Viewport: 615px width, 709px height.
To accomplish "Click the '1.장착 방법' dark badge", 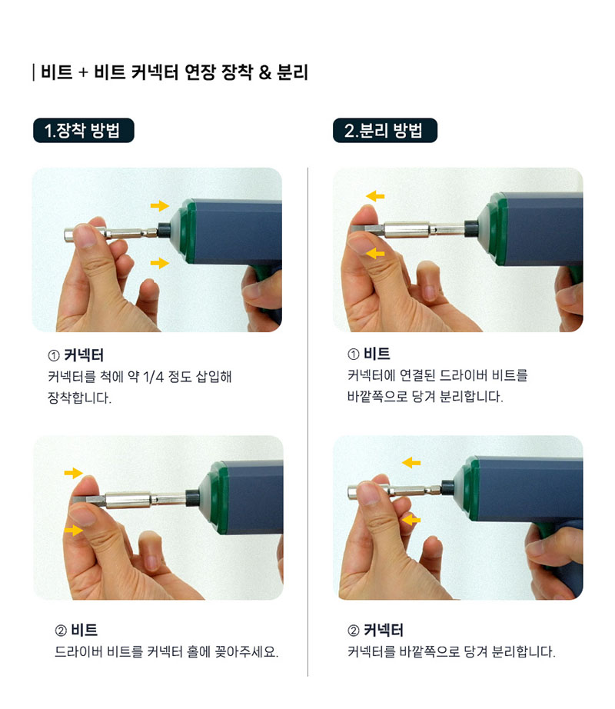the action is (x=84, y=131).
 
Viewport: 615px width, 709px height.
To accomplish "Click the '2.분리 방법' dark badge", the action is (x=385, y=131).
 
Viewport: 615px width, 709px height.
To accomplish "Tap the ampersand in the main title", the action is (x=265, y=73).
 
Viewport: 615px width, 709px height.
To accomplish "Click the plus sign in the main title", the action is (x=83, y=73).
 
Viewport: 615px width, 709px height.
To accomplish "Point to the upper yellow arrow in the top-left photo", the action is (x=160, y=206).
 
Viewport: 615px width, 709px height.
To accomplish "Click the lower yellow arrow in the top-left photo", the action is (x=160, y=263).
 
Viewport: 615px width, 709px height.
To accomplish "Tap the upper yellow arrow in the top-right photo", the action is (x=375, y=196).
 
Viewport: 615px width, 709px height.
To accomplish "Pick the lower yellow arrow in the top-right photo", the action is (x=375, y=253).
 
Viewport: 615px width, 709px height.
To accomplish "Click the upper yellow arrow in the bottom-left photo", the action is (x=73, y=473).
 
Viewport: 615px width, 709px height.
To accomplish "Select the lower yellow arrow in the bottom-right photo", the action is (x=411, y=520).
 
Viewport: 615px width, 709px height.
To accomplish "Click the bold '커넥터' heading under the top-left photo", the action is (x=84, y=355).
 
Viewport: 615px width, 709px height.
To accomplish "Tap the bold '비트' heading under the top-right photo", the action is (x=377, y=354).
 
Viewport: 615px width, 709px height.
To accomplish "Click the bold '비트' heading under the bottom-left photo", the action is (x=84, y=630).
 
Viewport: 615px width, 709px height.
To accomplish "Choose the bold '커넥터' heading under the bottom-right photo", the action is (x=384, y=630).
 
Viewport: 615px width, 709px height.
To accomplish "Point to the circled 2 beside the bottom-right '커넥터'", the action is (x=354, y=631).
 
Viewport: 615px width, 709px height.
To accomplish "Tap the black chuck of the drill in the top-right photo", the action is (x=471, y=228).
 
